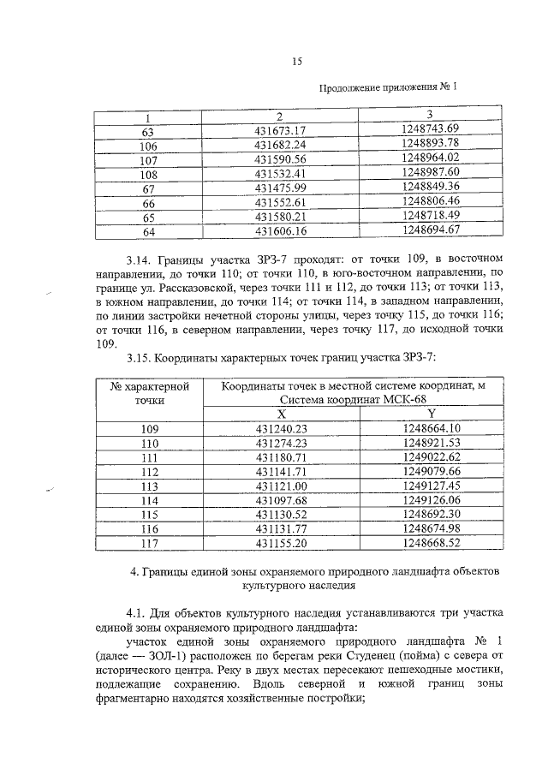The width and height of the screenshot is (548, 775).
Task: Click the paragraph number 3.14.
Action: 139,258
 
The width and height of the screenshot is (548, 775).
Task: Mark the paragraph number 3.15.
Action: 139,358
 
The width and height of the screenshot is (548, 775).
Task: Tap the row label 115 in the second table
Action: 150,514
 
